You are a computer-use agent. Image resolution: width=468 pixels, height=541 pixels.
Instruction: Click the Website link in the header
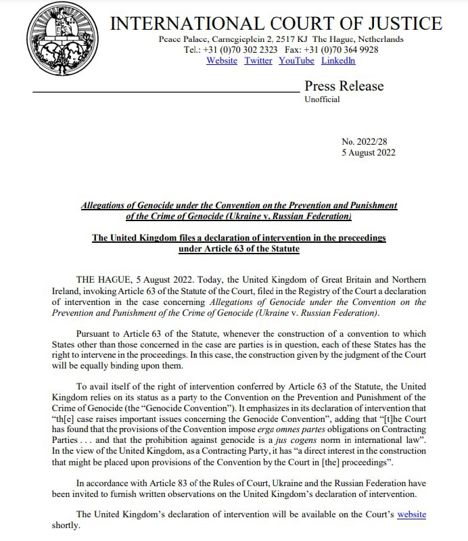tap(222, 61)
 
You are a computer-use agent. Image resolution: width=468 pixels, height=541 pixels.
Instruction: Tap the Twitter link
tap(258, 61)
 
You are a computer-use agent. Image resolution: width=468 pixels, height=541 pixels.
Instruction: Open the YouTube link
tap(296, 61)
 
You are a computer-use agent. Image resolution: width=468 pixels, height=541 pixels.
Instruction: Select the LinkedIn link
tap(338, 61)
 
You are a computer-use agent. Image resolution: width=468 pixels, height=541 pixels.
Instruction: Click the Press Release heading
tap(344, 86)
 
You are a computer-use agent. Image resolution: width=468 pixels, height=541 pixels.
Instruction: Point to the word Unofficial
tap(322, 99)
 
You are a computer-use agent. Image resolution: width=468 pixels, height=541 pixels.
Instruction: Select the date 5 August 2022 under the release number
tap(369, 152)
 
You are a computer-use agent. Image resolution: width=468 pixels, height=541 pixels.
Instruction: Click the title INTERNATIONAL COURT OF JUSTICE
tap(276, 24)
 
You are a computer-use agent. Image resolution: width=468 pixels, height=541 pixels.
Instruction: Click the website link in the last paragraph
tap(411, 514)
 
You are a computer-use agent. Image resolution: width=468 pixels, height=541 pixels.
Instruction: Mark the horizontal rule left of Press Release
tap(165, 90)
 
